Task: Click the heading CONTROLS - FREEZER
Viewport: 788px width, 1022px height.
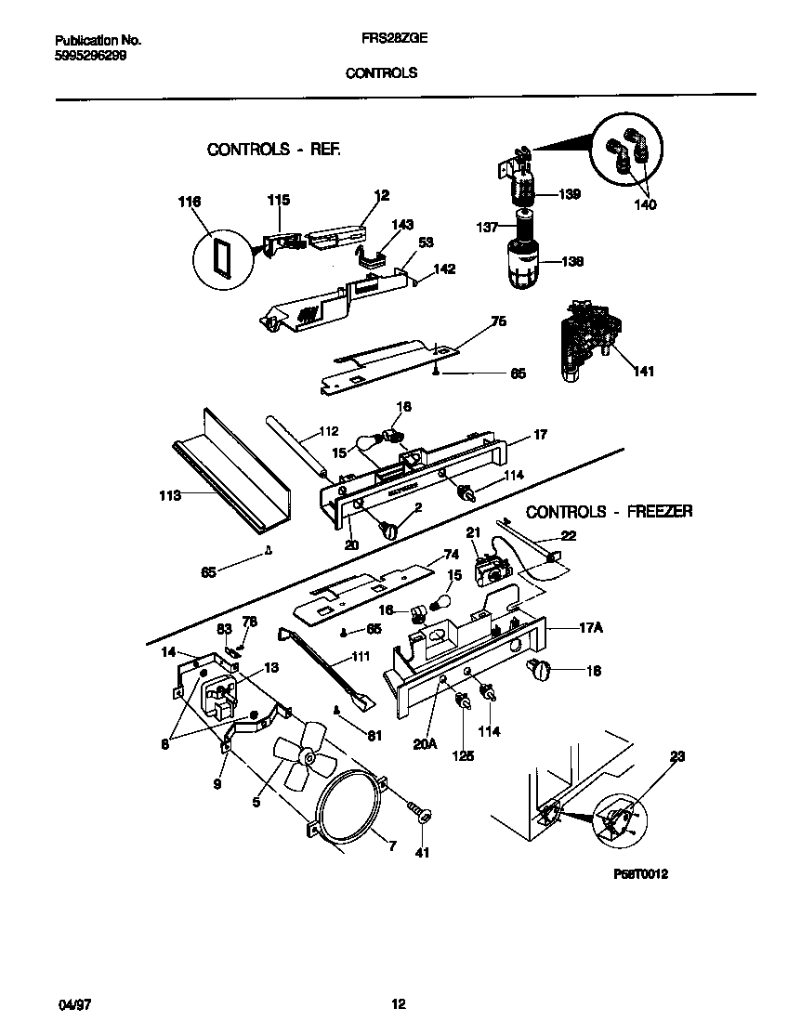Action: [609, 511]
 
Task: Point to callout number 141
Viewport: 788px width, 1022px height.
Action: [643, 372]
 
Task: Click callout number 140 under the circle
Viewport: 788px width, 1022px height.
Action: [645, 204]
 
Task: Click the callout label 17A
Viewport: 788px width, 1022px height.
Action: [591, 628]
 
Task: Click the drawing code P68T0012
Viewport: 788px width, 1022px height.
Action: [641, 874]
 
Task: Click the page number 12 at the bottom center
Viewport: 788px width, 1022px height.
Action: [398, 1003]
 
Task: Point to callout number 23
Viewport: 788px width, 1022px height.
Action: [676, 757]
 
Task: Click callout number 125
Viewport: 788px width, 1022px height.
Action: [463, 756]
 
